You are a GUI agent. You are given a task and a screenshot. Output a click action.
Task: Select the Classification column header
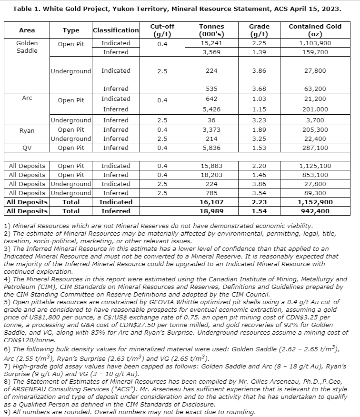pos(116,30)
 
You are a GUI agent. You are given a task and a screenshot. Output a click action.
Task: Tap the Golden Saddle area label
pos(27,47)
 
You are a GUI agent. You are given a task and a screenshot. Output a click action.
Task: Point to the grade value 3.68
pos(259,89)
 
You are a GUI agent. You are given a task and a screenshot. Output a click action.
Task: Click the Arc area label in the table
pos(27,97)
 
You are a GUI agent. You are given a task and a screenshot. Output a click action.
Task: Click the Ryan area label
pos(27,129)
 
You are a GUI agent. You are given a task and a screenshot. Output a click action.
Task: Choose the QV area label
pos(27,148)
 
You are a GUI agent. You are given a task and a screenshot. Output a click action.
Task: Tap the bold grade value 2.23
pos(259,202)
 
